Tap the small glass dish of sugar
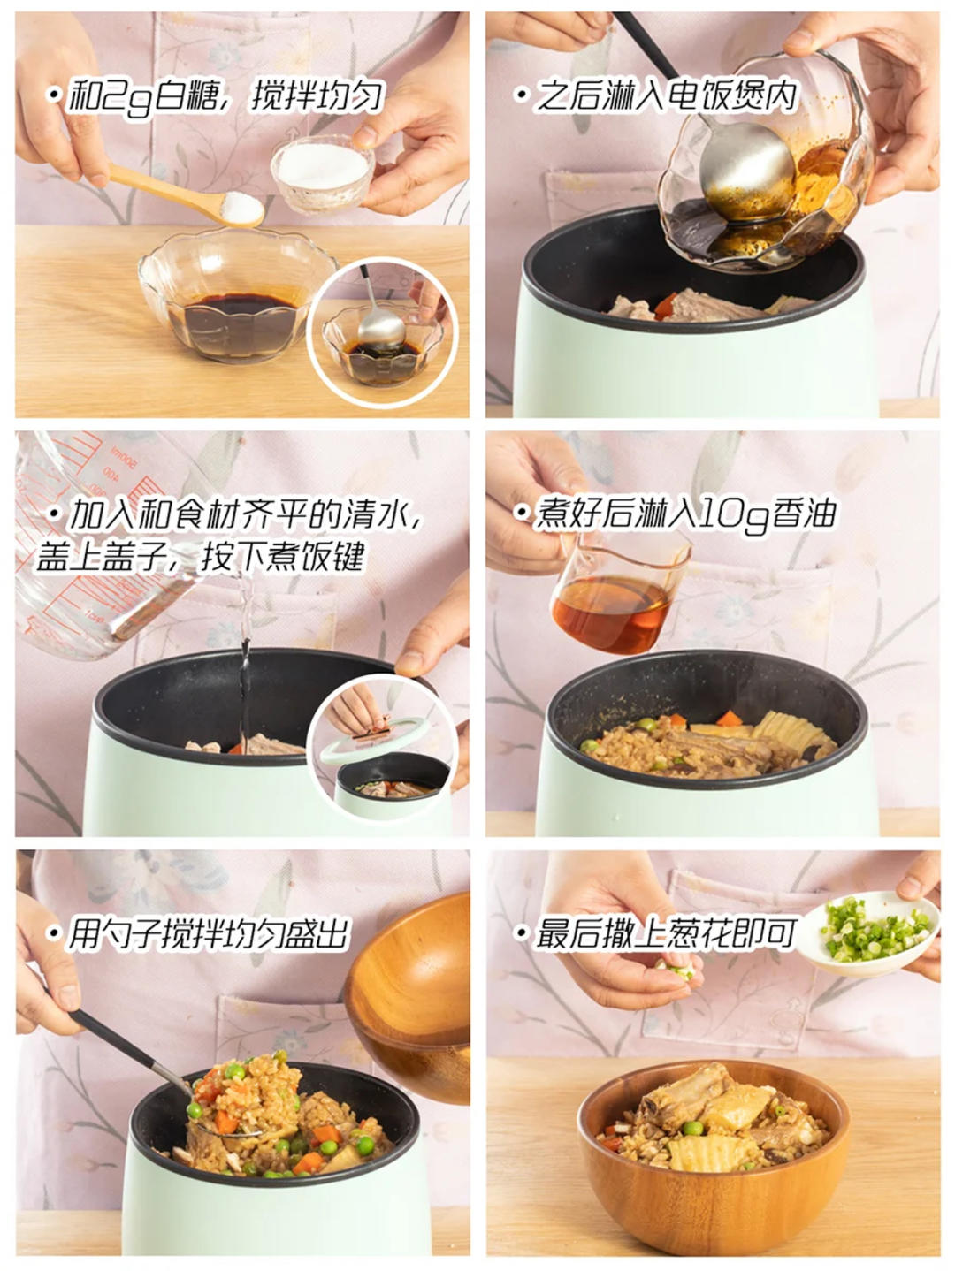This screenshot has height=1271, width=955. [x=321, y=173]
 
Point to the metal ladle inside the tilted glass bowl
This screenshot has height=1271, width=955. [x=747, y=173]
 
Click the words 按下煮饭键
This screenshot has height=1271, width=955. [x=283, y=558]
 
